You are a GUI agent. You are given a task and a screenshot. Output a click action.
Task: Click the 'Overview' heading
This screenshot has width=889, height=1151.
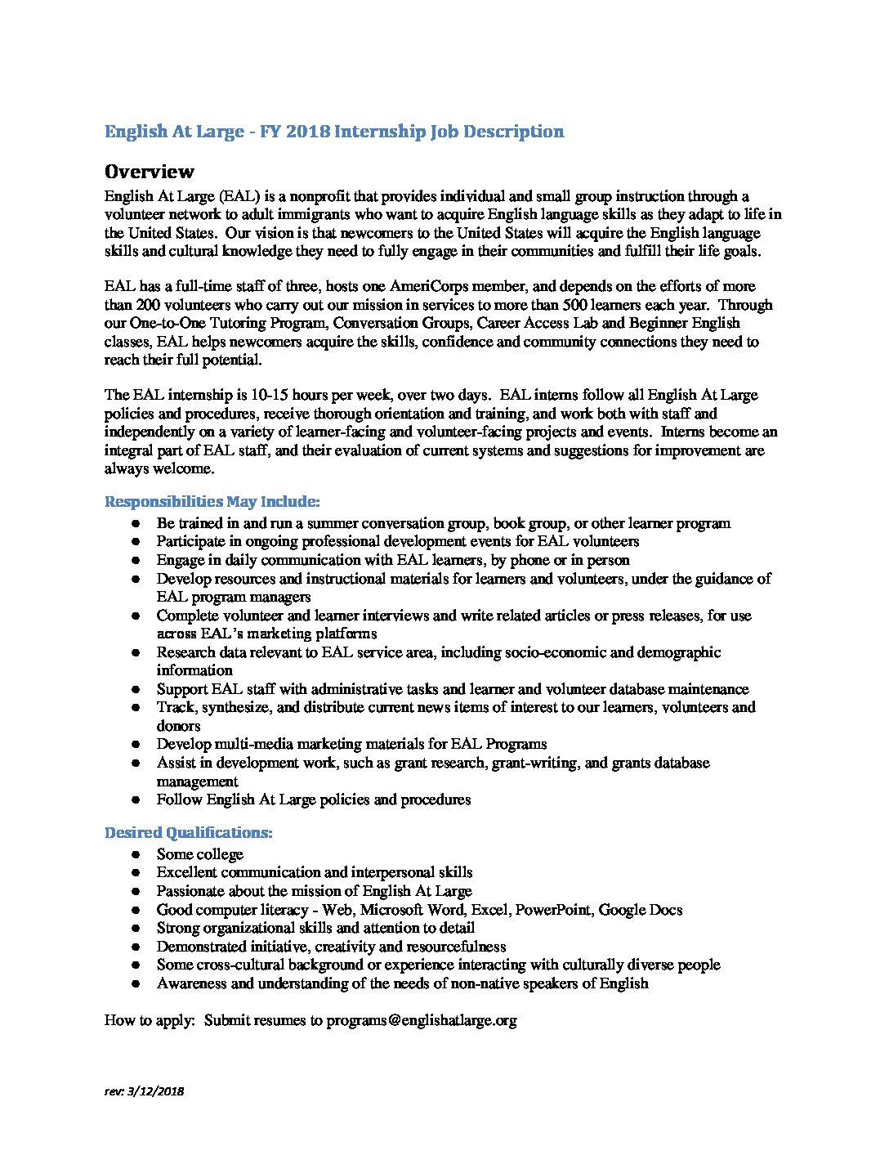click(150, 172)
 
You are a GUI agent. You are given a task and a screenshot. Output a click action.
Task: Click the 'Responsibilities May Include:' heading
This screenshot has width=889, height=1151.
click(212, 501)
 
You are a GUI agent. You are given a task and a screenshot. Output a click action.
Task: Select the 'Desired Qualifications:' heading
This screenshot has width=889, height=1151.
click(188, 832)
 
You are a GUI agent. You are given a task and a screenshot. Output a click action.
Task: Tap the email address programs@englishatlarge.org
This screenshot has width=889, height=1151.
click(422, 1020)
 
